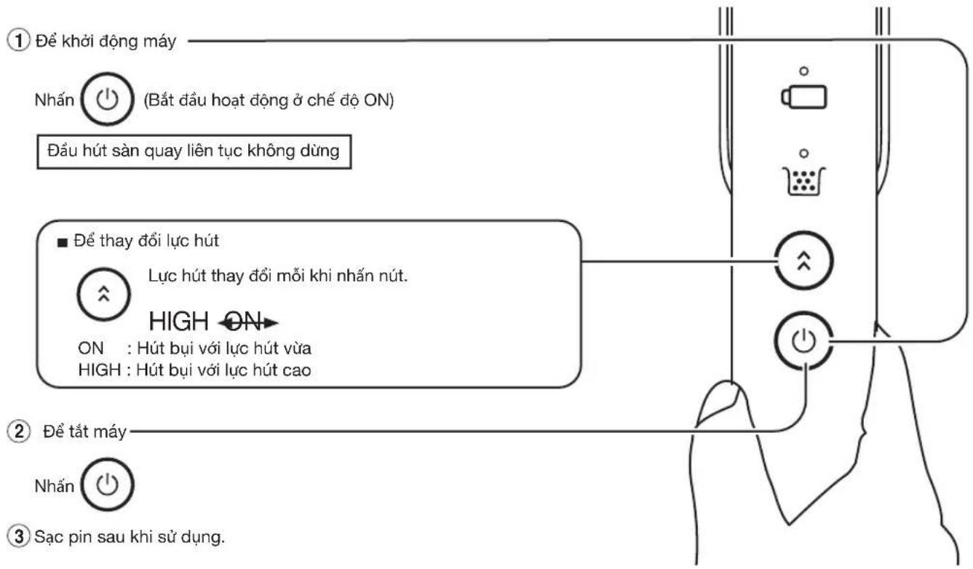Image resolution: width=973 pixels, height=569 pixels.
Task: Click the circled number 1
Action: tap(18, 41)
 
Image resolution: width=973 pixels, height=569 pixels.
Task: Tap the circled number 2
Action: tap(19, 431)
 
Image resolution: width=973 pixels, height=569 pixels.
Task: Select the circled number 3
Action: tap(19, 536)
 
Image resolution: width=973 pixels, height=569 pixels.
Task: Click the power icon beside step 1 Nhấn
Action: tap(107, 99)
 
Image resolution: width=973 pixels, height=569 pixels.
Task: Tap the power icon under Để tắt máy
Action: tap(107, 485)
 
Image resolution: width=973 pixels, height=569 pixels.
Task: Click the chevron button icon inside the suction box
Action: tap(104, 294)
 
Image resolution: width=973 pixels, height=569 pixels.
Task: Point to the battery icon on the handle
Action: tap(804, 98)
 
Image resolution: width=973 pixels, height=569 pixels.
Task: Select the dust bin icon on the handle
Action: tap(803, 181)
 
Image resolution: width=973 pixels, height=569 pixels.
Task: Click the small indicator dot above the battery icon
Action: tap(804, 71)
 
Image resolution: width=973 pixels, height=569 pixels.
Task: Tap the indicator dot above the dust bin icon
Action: tap(804, 154)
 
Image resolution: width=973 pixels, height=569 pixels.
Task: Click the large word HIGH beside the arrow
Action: tap(178, 322)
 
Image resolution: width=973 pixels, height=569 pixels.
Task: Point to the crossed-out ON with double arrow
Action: tap(248, 322)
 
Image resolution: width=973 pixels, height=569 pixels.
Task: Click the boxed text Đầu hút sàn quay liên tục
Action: tap(194, 151)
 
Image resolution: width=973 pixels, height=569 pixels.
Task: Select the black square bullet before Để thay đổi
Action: tap(63, 242)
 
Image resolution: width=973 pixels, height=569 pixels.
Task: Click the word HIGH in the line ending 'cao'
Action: tap(100, 370)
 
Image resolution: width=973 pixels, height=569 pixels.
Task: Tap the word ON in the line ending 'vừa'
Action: tap(91, 349)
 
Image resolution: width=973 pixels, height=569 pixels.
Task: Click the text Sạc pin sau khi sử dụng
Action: tap(130, 537)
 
